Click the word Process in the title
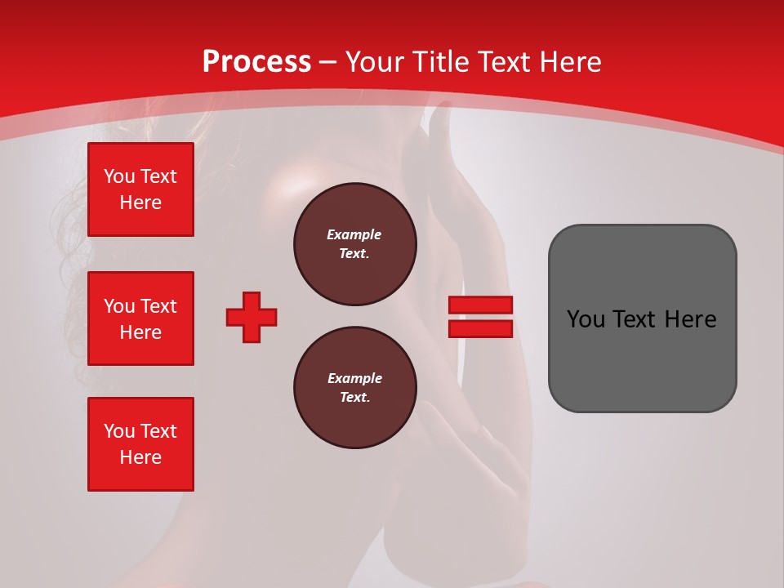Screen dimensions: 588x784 click(256, 62)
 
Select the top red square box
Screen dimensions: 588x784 click(140, 189)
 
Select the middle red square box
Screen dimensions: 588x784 click(140, 318)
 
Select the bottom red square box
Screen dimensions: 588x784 click(140, 443)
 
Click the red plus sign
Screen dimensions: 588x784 click(252, 317)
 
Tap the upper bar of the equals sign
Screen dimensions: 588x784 click(480, 305)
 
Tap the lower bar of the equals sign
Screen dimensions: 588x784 click(480, 328)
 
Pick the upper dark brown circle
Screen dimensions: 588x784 click(354, 244)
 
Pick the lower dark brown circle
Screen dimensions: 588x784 click(354, 388)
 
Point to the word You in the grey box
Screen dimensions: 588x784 click(586, 319)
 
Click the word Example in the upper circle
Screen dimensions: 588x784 click(354, 234)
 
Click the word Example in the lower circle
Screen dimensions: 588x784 click(354, 378)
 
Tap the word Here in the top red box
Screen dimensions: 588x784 click(140, 203)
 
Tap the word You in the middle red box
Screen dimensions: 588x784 click(119, 306)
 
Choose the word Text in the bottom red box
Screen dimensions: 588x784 click(158, 431)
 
